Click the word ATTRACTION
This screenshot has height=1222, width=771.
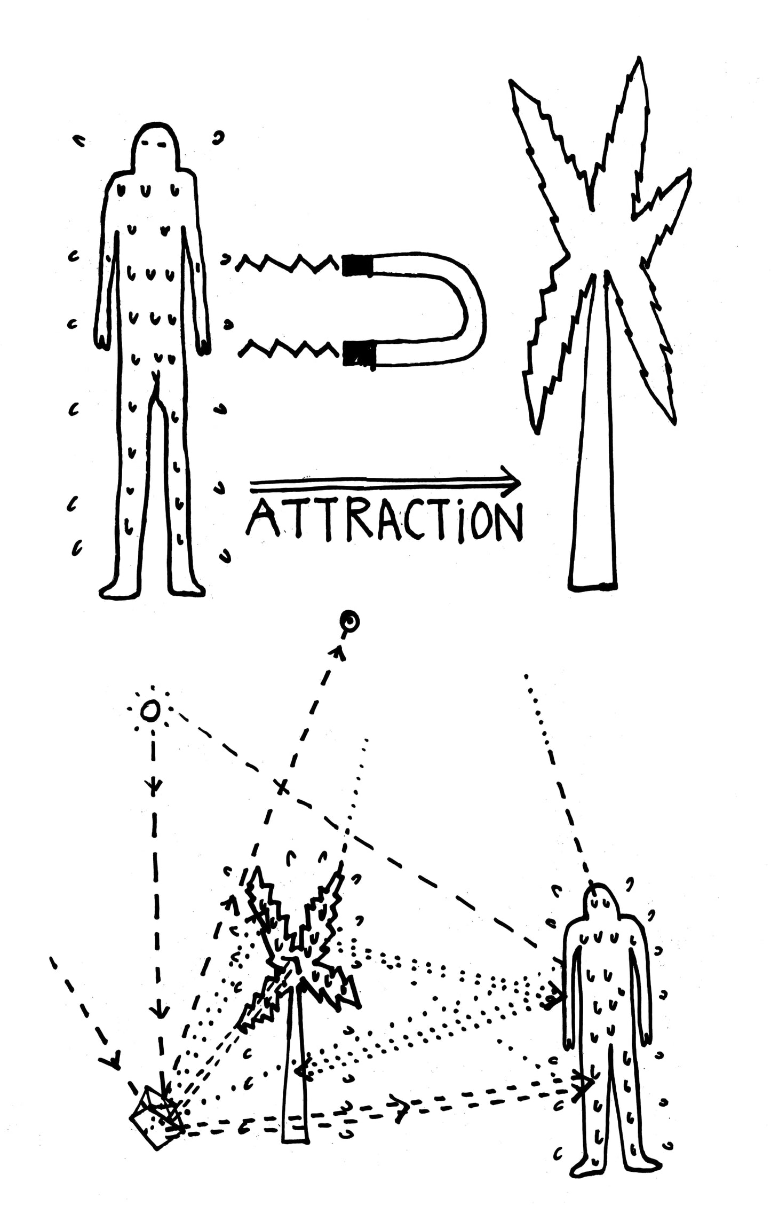384,520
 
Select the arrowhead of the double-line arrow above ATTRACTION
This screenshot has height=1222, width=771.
512,484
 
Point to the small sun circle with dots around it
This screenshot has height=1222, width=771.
150,711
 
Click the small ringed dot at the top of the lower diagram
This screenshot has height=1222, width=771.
351,621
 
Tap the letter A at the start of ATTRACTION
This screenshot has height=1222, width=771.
263,521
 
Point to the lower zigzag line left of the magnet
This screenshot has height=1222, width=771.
288,350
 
